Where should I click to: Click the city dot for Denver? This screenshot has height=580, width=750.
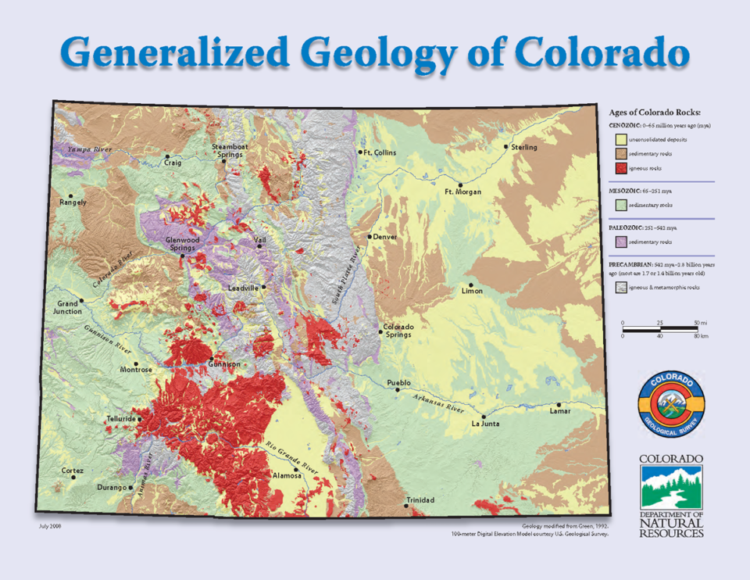[x=370, y=237]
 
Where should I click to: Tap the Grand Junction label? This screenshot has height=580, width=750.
[x=67, y=307]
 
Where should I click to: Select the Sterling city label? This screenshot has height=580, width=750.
[x=524, y=147]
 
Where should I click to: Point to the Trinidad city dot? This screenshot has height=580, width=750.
[x=405, y=506]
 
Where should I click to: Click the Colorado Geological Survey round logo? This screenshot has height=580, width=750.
[x=671, y=403]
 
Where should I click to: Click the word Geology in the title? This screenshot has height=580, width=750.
[x=378, y=53]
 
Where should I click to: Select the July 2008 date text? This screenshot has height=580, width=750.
[x=50, y=526]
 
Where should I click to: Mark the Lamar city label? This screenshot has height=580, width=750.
[x=560, y=411]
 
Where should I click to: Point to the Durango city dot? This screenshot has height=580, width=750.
[x=130, y=488]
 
